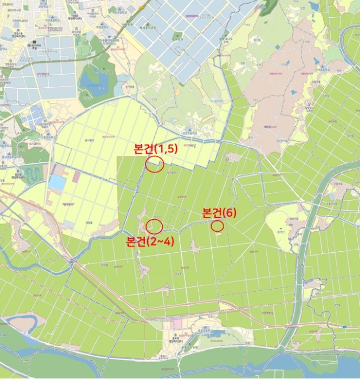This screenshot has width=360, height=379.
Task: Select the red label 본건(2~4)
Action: tap(149, 241)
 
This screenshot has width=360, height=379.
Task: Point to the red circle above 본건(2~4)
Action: tap(154, 226)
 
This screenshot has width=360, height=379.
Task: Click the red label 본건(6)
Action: tap(219, 213)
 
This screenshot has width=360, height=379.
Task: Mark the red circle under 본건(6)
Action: tap(217, 226)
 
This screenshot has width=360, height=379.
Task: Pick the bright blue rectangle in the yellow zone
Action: tap(57, 182)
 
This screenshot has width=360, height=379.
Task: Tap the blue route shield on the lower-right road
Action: tap(344, 326)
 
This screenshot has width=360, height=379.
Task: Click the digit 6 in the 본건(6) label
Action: tap(229, 213)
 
